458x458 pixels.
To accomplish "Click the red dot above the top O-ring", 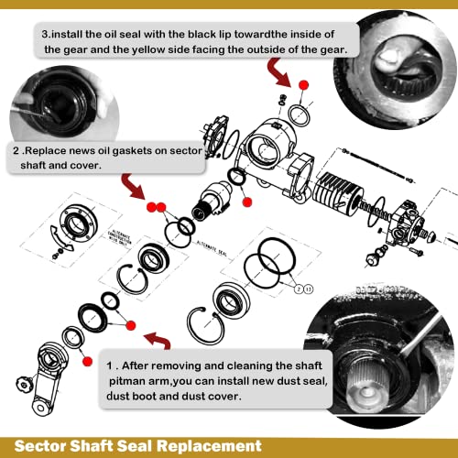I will tap(303, 85).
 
